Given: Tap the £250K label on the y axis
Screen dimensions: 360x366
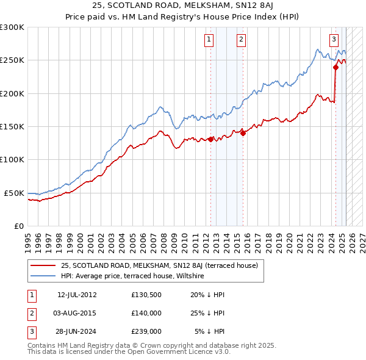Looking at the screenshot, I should (12, 60).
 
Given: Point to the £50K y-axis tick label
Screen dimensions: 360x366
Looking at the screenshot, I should (15, 193).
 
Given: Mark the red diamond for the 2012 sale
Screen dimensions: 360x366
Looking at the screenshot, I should (211, 139).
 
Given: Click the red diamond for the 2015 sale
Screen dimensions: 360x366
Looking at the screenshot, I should (243, 133).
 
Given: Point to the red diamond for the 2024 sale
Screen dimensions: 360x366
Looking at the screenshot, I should (335, 68).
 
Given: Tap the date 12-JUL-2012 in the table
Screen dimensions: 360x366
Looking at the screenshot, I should (77, 294).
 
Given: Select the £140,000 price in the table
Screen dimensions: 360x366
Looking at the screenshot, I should (146, 313).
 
